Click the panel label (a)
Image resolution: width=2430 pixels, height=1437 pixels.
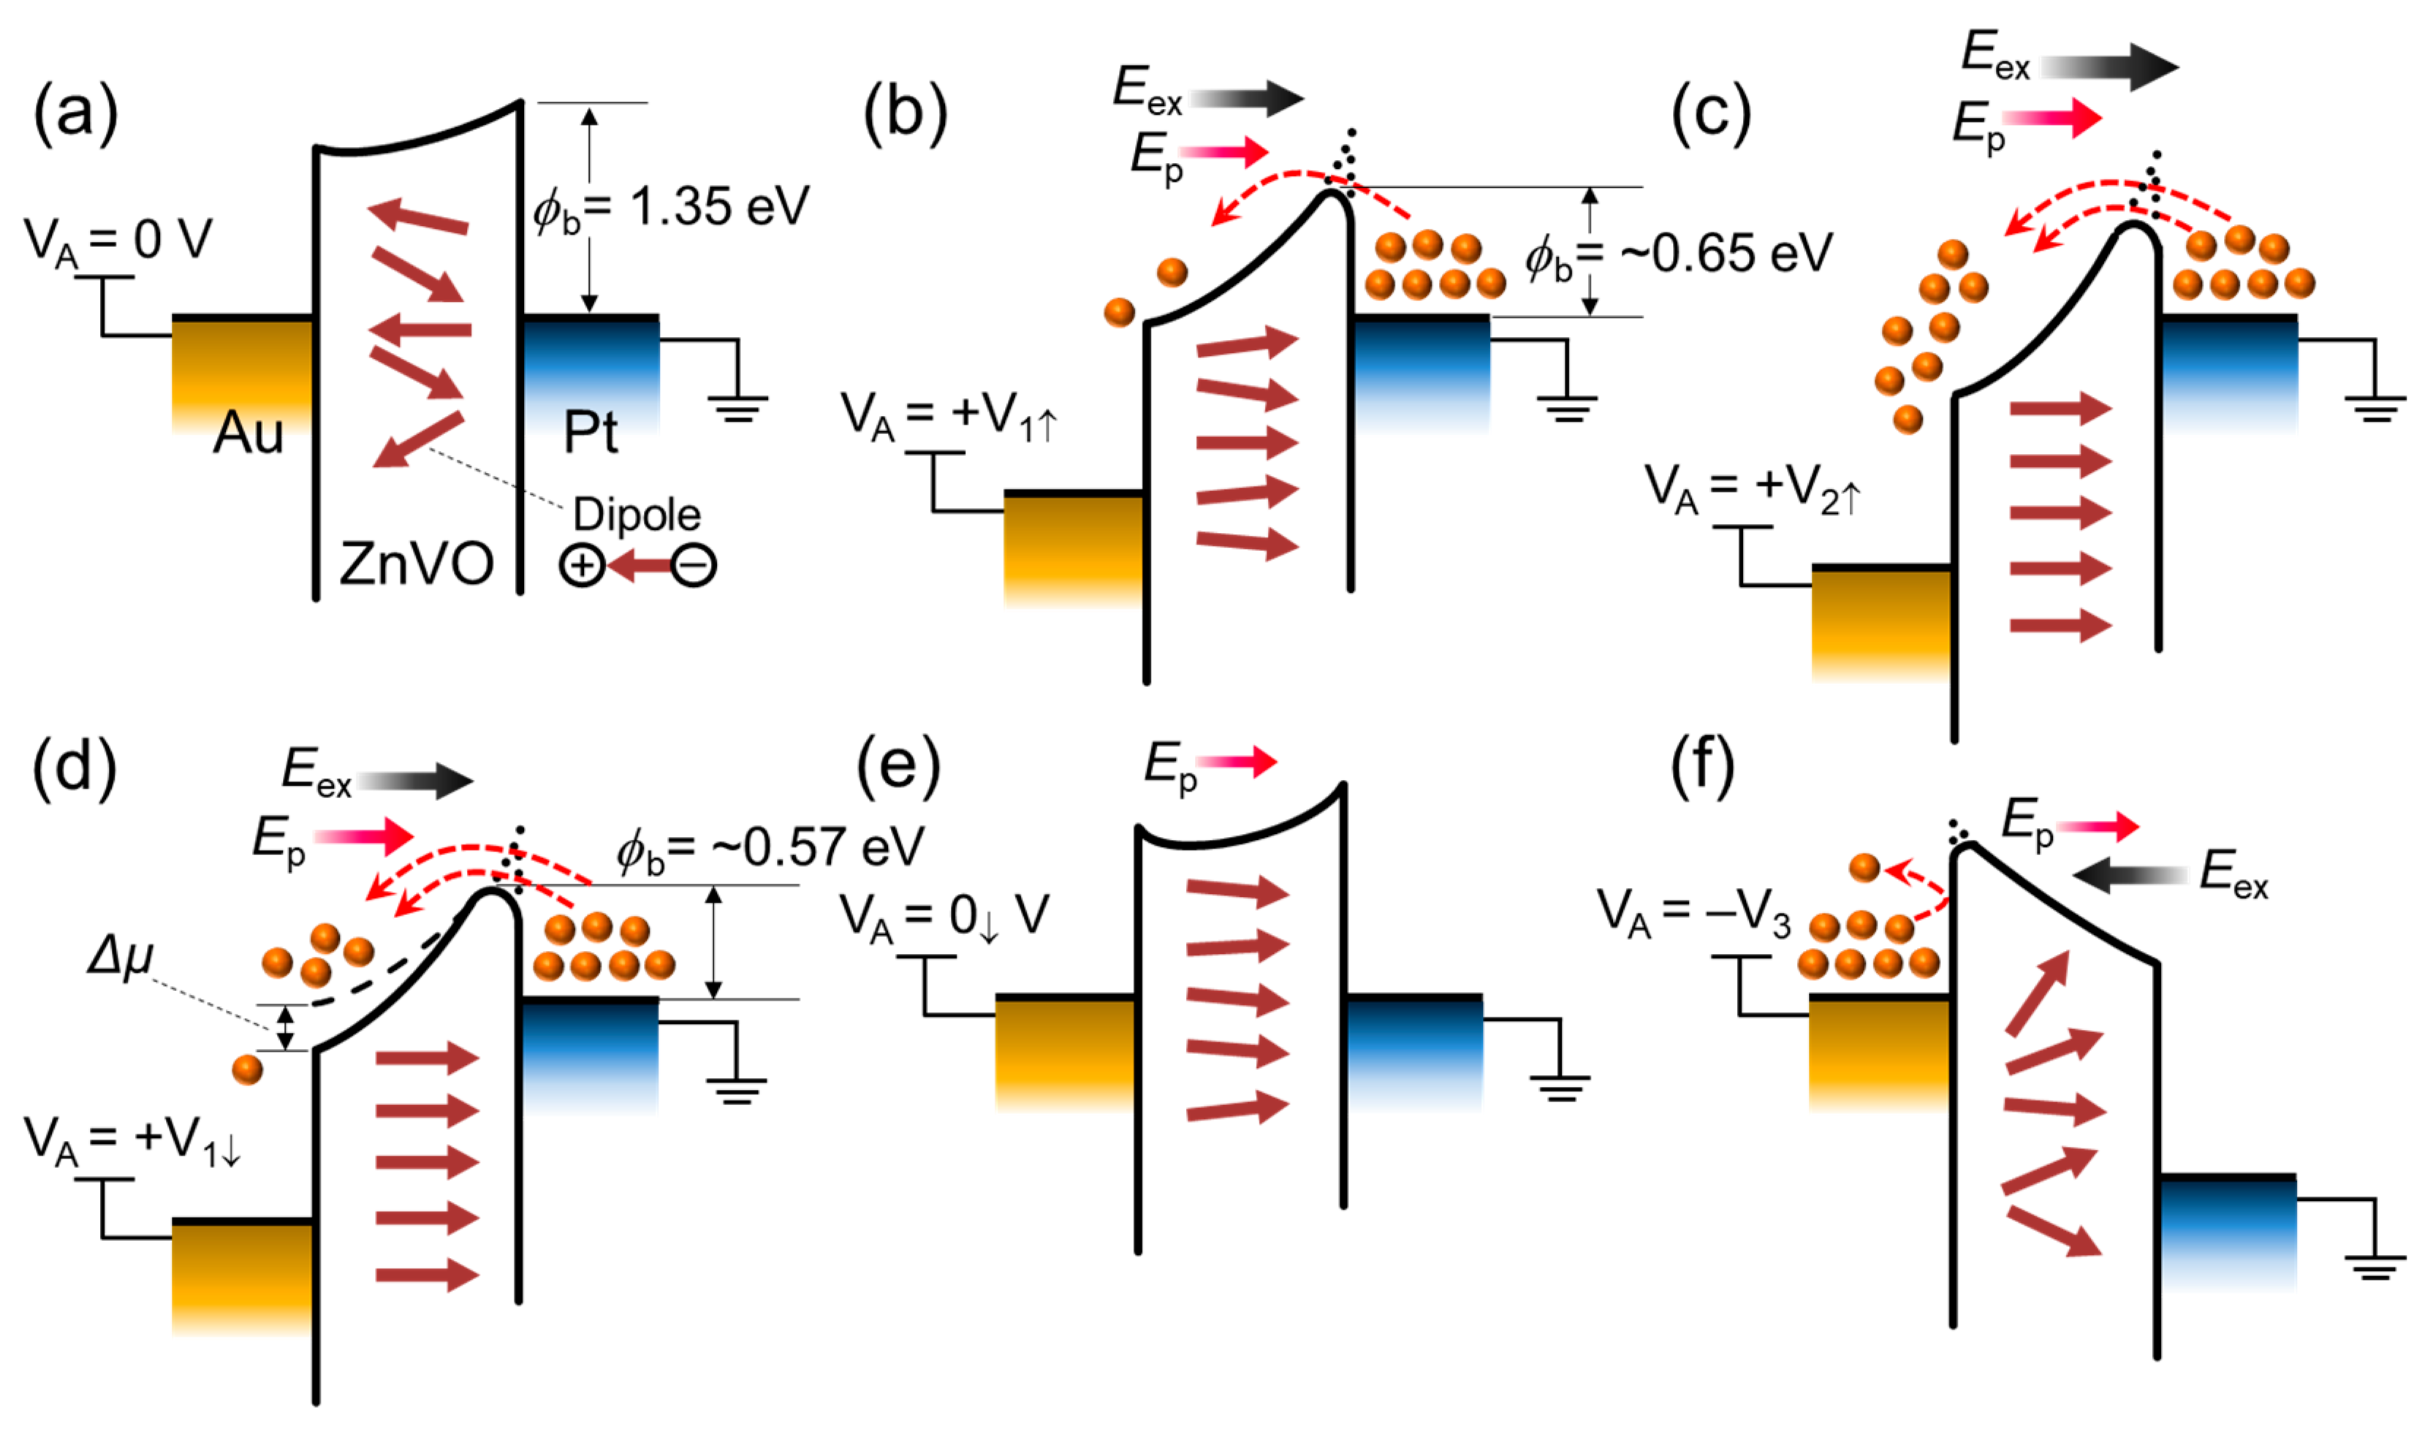75,113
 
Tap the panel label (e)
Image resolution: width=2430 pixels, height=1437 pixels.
897,766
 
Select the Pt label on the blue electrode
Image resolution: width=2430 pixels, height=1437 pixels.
590,432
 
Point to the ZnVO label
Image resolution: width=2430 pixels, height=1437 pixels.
417,564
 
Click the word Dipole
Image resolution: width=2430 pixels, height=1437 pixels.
636,514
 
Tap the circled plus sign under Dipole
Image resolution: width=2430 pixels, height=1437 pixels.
582,566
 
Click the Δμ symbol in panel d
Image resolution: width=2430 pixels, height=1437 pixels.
120,957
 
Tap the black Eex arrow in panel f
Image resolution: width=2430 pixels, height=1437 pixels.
2130,876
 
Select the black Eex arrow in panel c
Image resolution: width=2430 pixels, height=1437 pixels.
2111,67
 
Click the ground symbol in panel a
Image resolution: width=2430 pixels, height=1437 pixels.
737,406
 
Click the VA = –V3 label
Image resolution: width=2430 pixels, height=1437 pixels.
1693,914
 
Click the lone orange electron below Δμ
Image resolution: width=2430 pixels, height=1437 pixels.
247,1069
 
